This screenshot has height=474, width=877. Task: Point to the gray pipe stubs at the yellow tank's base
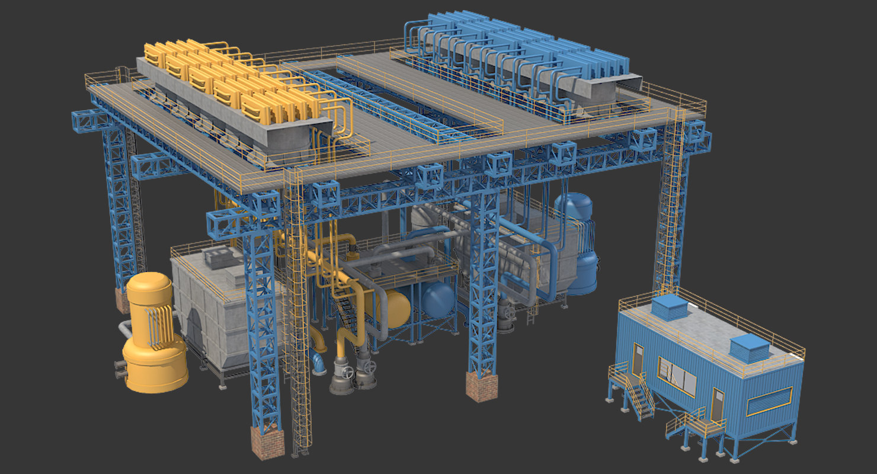point(120,370)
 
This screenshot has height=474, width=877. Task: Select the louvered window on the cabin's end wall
point(769,401)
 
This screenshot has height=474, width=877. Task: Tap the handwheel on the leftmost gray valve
point(347,372)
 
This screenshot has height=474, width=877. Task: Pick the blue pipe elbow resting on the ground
point(318,363)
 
